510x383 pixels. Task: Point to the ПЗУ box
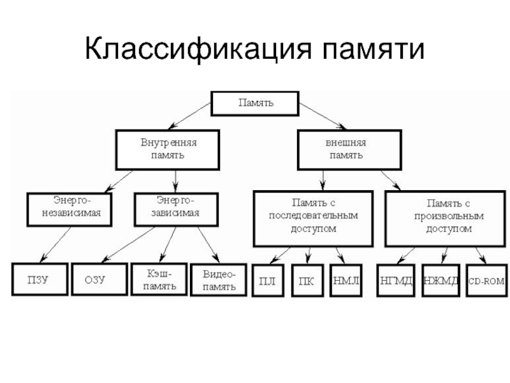pyautogui.click(x=40, y=279)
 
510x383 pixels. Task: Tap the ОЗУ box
pyautogui.click(x=99, y=279)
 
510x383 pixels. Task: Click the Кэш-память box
pyautogui.click(x=159, y=280)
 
